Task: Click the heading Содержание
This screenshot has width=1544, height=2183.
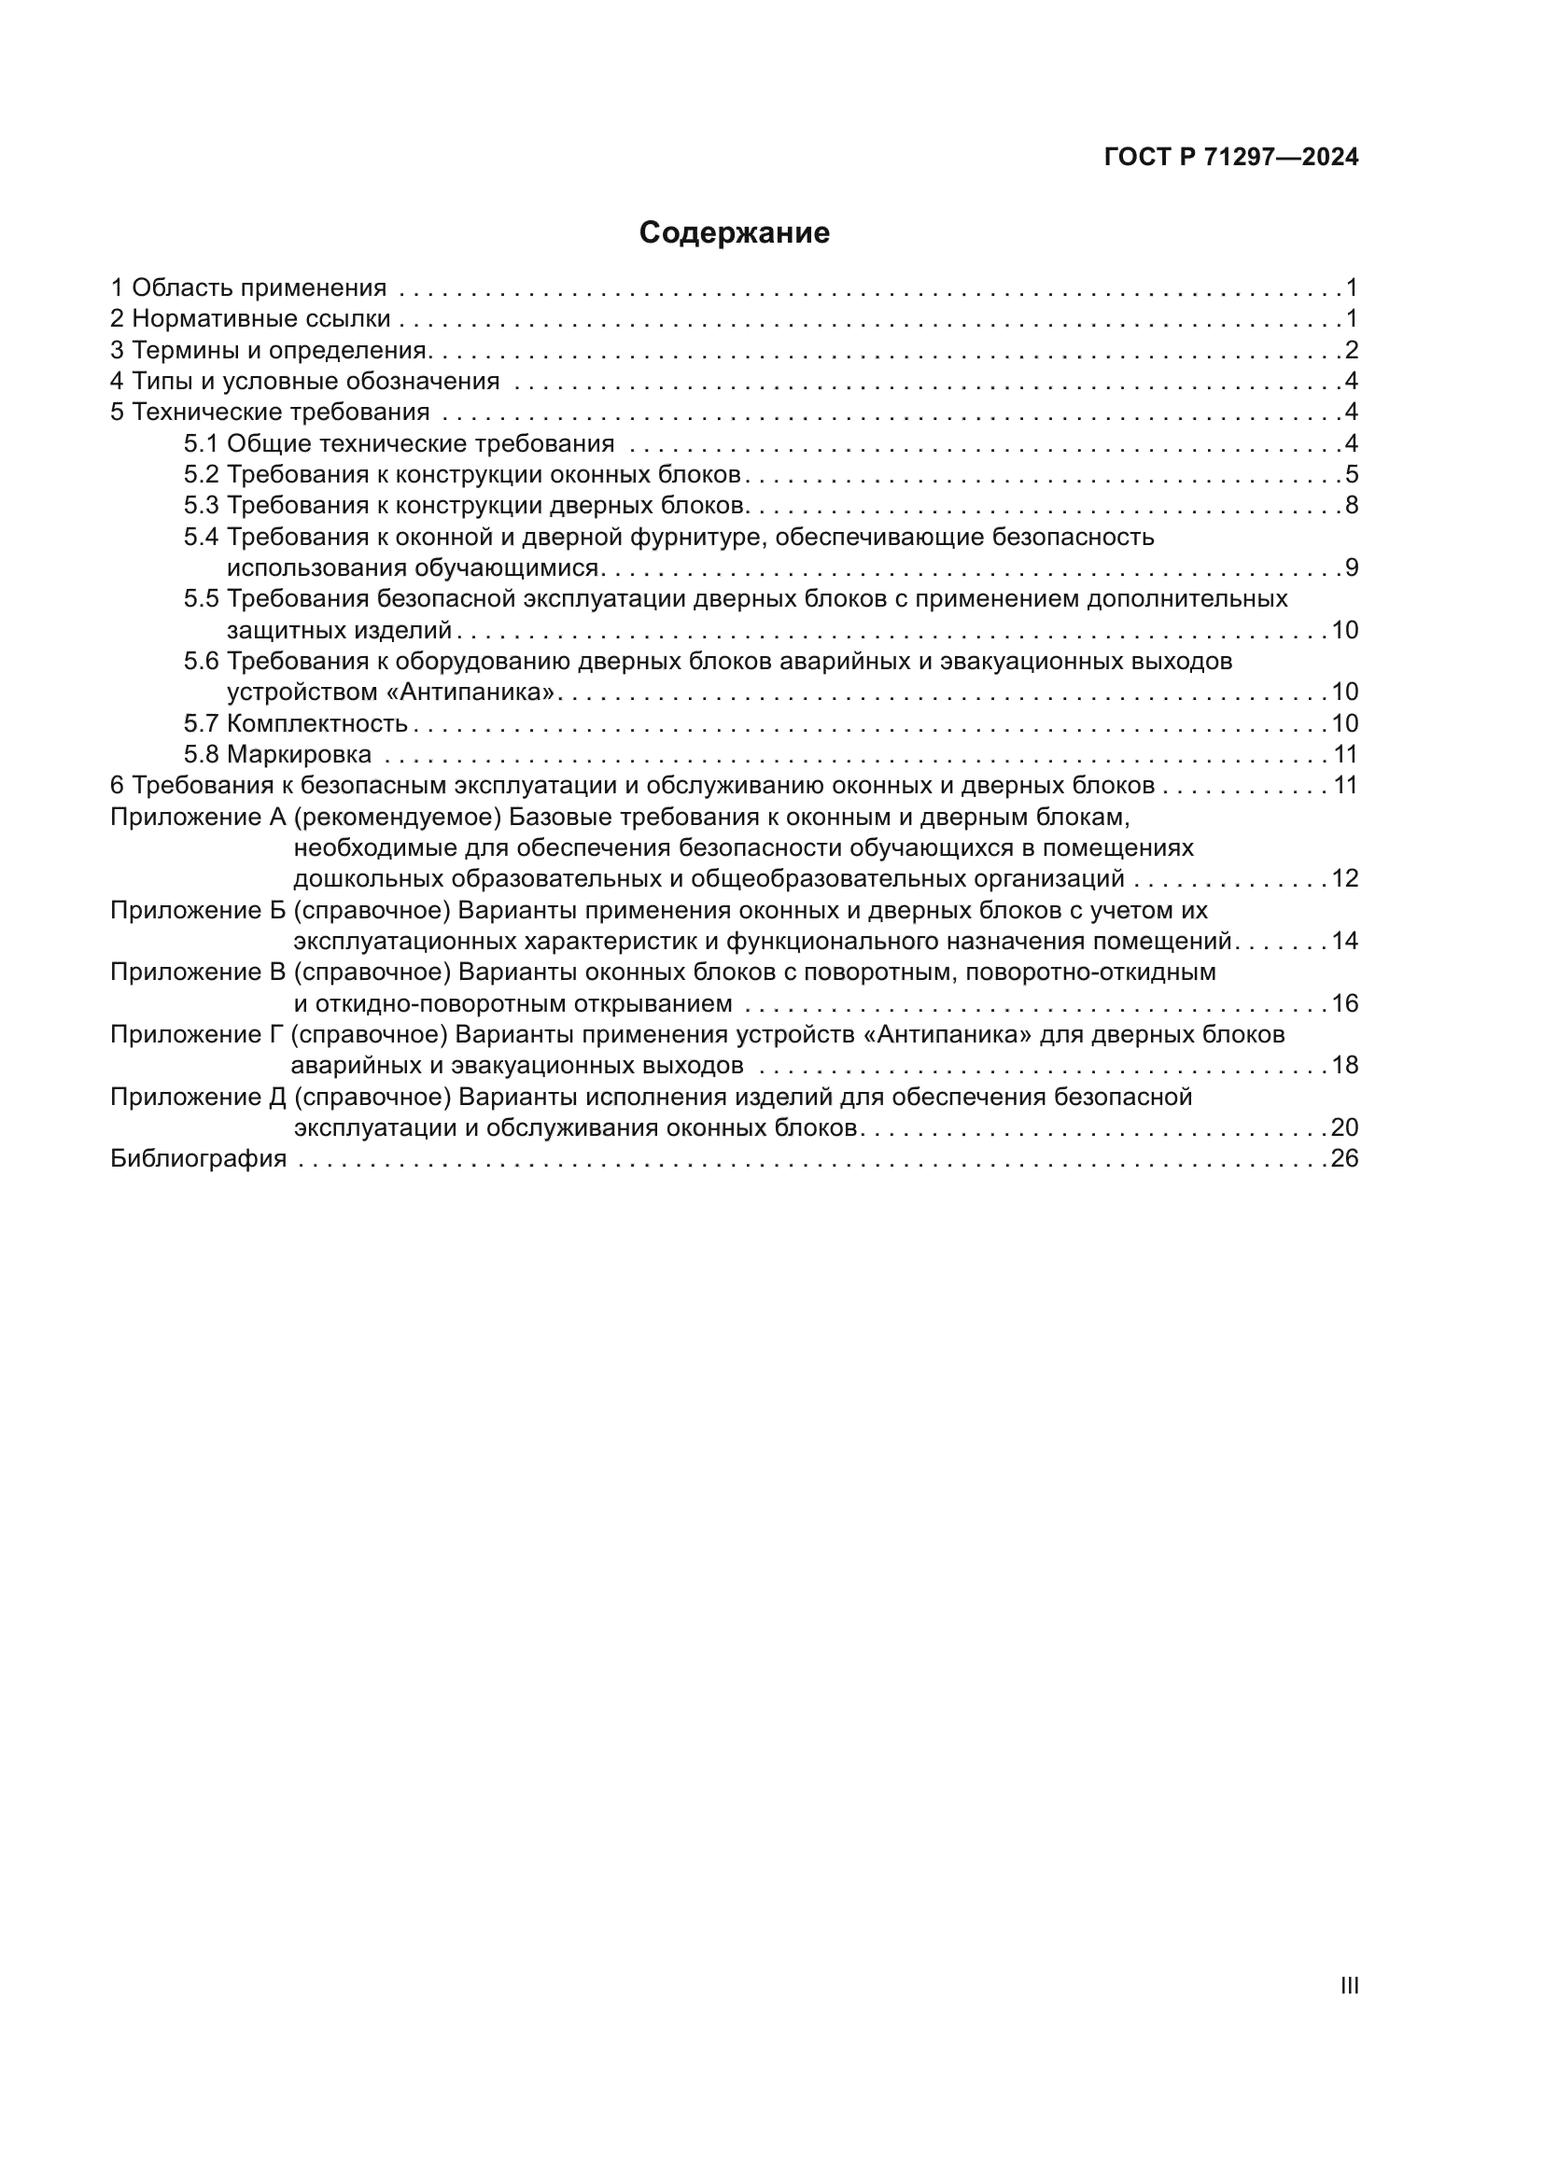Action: coord(734,233)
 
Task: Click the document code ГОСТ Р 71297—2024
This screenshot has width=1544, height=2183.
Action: coord(1231,158)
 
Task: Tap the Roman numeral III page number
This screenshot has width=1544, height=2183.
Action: coord(1349,1986)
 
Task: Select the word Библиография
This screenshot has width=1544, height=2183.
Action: coord(199,1158)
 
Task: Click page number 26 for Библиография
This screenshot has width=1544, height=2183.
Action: coord(1344,1158)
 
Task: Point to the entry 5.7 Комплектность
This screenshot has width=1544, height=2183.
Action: coord(296,723)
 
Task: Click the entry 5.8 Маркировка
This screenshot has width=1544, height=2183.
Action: coord(277,755)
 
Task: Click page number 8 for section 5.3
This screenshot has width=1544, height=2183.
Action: coord(1351,505)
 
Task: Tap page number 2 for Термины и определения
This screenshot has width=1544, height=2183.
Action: coord(1351,350)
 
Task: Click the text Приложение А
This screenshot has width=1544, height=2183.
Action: coord(198,817)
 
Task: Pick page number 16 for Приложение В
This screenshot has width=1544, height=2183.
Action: coord(1344,1003)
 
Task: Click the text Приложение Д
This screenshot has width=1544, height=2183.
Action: coord(198,1098)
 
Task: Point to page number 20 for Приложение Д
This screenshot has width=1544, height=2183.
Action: coord(1344,1127)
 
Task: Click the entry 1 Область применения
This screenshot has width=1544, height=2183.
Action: coord(248,287)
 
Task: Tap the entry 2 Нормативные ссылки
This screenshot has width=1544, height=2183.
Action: coord(250,318)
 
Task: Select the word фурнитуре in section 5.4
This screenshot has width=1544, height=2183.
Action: coord(697,538)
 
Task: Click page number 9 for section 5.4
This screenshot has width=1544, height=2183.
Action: coord(1351,568)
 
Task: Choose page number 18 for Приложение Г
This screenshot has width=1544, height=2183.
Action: coord(1344,1065)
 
